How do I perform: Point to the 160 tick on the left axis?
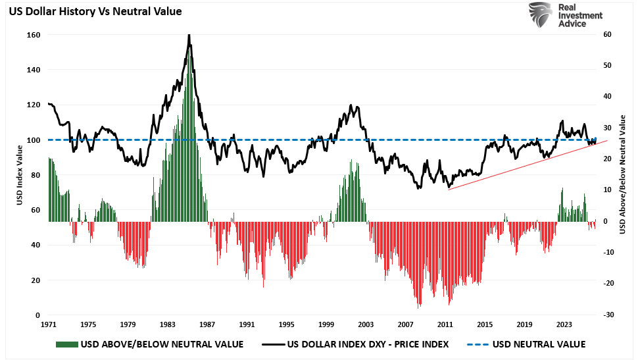click(34, 35)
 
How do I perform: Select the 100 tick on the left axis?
click(34, 140)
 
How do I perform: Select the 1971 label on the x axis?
click(49, 324)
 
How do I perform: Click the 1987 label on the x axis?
click(207, 324)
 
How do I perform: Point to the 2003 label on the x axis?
click(366, 324)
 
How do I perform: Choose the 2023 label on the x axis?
click(564, 324)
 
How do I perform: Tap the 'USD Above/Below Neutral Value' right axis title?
click(622, 175)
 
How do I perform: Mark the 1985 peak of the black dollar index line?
click(189, 35)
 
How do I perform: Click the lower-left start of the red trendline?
click(448, 190)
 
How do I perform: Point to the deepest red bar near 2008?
click(418, 307)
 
